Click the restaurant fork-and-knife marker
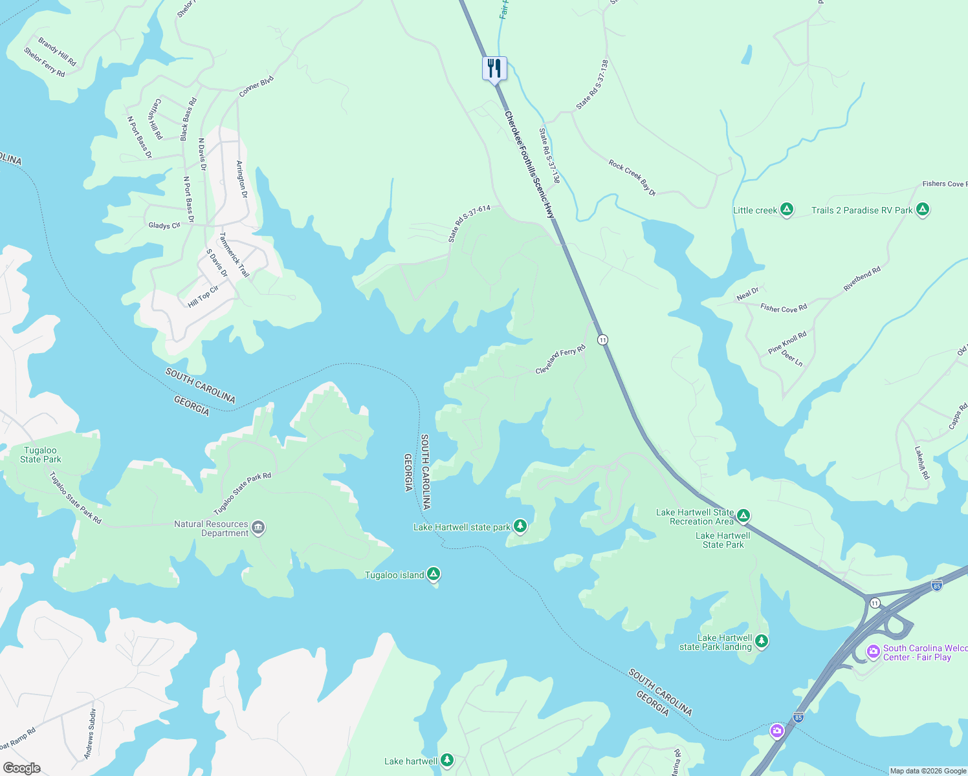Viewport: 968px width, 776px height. point(494,69)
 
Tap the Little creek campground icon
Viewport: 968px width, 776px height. point(787,210)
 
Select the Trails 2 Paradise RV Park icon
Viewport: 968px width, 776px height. point(923,210)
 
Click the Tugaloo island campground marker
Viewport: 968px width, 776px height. point(434,574)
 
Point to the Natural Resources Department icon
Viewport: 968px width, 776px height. point(258,528)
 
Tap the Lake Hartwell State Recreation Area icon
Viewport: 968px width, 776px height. point(743,516)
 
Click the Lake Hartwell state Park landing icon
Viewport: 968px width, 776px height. point(762,641)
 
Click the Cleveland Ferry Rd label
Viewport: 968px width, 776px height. point(560,360)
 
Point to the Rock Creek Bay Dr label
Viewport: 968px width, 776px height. point(632,178)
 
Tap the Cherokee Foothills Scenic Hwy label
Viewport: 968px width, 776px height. point(529,165)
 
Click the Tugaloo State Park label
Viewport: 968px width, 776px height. point(41,455)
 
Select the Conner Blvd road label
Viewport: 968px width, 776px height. point(256,87)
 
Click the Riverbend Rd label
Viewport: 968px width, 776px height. point(862,279)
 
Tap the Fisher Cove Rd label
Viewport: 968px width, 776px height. point(784,308)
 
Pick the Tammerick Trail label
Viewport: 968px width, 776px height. point(234,255)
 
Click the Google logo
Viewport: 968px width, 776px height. point(21,768)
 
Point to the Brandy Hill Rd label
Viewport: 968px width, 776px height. point(57,52)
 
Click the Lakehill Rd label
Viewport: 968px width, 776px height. point(922,462)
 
